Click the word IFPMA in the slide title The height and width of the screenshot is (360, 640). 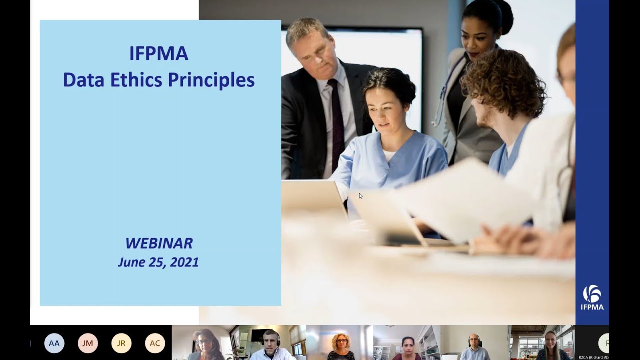159,54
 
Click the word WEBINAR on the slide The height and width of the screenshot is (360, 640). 159,243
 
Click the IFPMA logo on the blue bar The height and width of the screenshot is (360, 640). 592,297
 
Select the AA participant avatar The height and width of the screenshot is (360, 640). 54,343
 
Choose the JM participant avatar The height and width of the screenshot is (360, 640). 88,343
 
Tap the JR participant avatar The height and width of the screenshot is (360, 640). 121,343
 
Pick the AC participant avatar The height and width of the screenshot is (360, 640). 155,343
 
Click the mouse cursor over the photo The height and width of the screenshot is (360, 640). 360,196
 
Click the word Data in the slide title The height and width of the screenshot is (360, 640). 81,80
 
